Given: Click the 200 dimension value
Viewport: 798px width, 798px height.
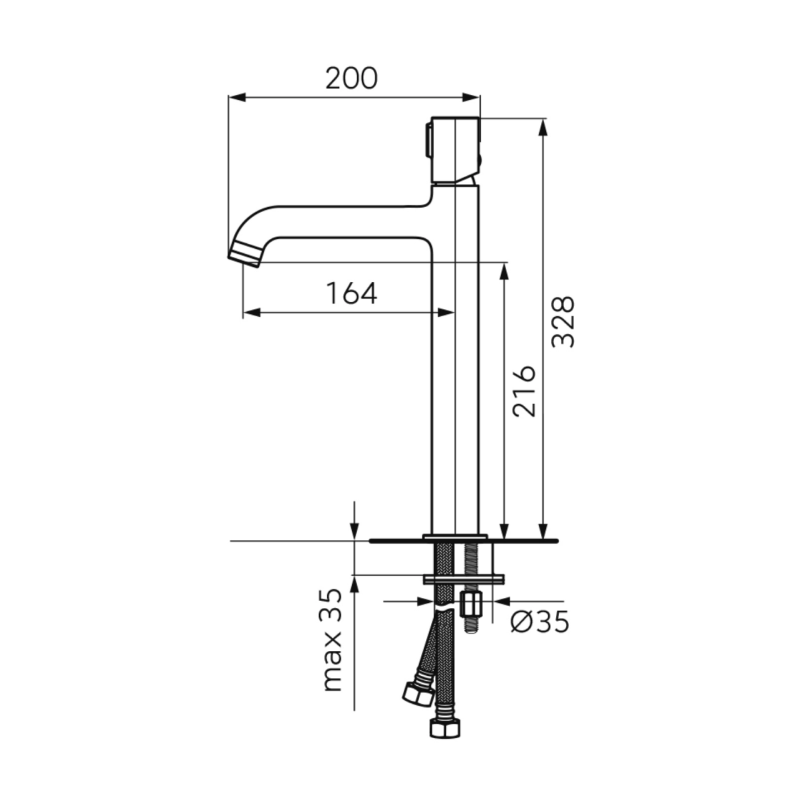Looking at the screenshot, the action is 351,79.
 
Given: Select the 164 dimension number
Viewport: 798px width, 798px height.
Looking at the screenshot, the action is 352,293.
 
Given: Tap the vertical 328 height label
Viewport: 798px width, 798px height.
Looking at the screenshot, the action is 563,322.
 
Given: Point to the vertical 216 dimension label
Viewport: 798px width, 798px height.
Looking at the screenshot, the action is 524,392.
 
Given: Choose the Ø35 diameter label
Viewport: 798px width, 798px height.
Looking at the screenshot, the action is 540,633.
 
